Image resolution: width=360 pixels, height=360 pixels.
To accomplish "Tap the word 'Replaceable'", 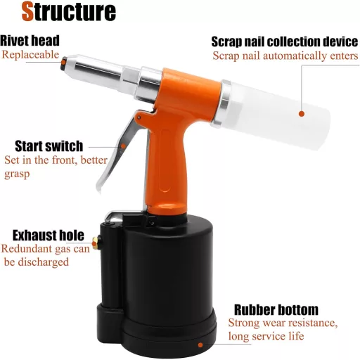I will point(30,54).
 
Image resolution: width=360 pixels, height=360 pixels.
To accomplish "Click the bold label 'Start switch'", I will point(49,146).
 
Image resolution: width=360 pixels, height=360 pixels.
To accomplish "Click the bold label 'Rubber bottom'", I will point(276,309).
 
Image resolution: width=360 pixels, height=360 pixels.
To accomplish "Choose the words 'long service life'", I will point(266,337).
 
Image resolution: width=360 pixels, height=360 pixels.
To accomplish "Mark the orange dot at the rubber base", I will point(200,345).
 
